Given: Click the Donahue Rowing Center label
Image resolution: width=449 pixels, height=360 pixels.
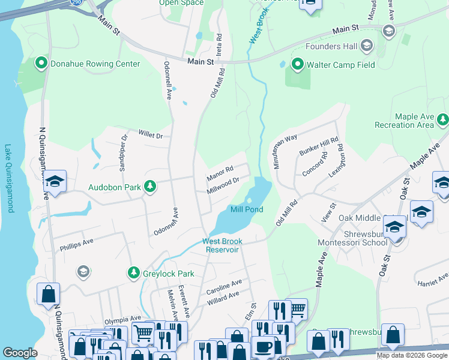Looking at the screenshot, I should pos(95,64).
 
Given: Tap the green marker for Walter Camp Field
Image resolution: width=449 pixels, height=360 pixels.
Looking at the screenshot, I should pos(297,64).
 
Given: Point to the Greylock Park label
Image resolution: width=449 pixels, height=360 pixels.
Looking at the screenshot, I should pos(169,274).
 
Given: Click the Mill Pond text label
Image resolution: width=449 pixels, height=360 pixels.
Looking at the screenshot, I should pos(247,209).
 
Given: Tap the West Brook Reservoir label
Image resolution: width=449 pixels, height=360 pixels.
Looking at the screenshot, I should pos(221,245).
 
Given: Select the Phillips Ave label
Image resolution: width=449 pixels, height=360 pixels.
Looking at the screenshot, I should pos(77,245).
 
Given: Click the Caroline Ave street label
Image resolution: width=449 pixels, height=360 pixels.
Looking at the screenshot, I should pos(224,286).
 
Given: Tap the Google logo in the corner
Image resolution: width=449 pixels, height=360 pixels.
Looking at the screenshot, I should pos(20,353).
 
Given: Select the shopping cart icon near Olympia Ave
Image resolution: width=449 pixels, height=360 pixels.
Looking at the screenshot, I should pos(142,332).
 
